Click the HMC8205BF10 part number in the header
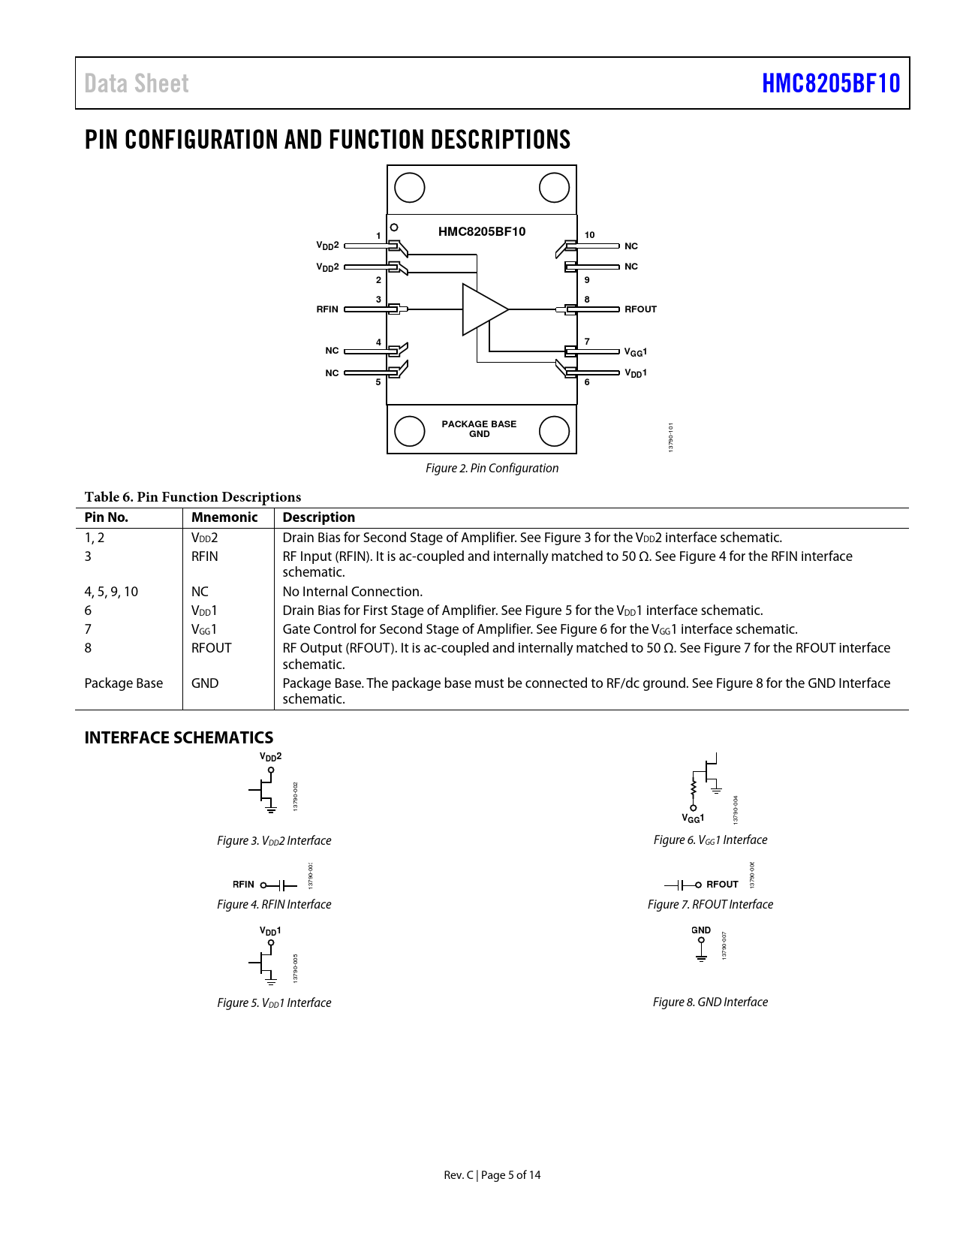click(x=830, y=83)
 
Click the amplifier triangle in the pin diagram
click(x=483, y=309)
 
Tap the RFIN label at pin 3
click(x=327, y=309)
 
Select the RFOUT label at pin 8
click(x=640, y=309)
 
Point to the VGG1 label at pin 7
click(x=635, y=352)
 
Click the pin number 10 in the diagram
click(x=589, y=235)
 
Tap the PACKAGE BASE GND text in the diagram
click(x=479, y=429)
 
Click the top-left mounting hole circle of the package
click(x=410, y=188)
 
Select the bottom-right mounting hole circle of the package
click(x=554, y=431)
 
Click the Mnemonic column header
click(x=224, y=517)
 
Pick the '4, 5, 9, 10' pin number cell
click(x=111, y=592)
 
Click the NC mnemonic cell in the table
click(x=200, y=592)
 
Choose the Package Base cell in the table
click(x=123, y=683)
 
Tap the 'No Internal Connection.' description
click(x=352, y=592)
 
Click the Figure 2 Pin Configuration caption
click(x=492, y=469)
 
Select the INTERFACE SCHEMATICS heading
click(x=179, y=737)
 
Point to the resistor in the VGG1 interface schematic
click(x=694, y=788)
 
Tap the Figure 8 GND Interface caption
click(x=710, y=1002)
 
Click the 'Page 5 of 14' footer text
click(x=510, y=1175)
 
